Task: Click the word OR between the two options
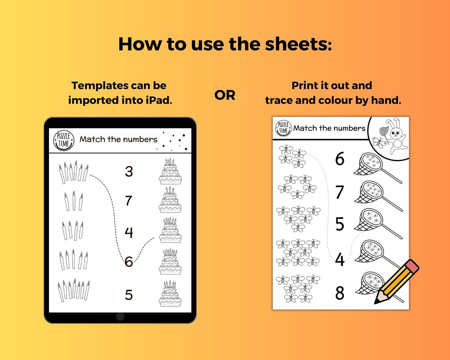coord(225,95)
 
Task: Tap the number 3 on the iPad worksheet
coord(129,172)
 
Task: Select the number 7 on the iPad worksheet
coord(129,201)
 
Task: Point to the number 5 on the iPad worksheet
coord(129,295)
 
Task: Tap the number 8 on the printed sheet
coord(339,293)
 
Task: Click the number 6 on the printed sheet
coord(339,159)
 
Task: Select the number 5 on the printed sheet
coord(339,224)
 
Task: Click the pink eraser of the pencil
coord(412,266)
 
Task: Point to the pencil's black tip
coord(376,302)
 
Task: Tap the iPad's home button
coord(120,317)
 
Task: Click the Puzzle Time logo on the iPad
coord(64,140)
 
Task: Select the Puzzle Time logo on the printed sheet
coord(283,128)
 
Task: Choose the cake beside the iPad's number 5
coord(171,294)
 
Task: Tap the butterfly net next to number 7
coord(375,193)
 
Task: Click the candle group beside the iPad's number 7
coord(74,201)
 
